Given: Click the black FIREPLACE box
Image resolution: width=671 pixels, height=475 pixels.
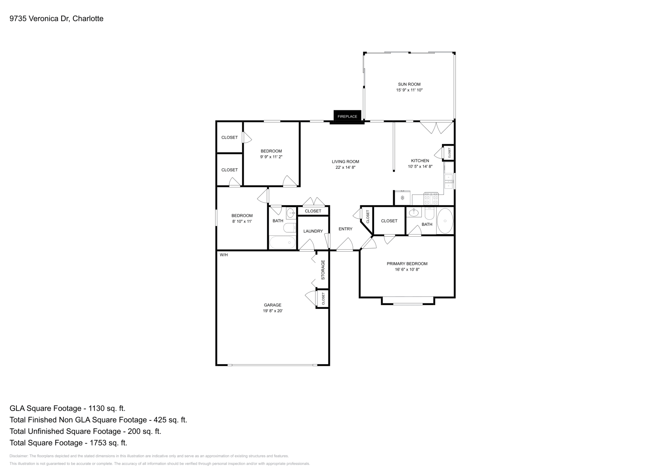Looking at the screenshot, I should click(x=347, y=116).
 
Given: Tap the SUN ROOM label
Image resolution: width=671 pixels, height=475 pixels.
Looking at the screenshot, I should click(x=409, y=84).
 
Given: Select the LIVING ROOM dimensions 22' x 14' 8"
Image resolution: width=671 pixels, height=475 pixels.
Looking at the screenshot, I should click(x=345, y=167).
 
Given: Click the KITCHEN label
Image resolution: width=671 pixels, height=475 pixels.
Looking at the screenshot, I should click(x=420, y=161).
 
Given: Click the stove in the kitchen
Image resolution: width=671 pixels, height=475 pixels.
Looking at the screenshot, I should click(x=431, y=198).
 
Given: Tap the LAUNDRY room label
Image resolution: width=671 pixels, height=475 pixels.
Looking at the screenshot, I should click(x=313, y=231).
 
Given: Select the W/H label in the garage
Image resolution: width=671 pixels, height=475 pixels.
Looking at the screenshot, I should click(x=224, y=255).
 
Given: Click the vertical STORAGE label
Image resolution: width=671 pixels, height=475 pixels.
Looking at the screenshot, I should click(x=323, y=270).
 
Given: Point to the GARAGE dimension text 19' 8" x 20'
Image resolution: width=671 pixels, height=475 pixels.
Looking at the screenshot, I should click(x=272, y=311).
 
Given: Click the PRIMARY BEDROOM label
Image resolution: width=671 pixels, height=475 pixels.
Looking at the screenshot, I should click(x=407, y=264).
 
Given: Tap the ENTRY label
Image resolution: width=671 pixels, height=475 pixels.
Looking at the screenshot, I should click(x=345, y=229).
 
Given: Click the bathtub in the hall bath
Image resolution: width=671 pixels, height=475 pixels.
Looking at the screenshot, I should click(x=282, y=243).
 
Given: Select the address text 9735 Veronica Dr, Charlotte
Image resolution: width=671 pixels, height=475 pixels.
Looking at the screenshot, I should click(x=56, y=18).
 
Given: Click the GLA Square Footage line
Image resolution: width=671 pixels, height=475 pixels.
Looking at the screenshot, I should click(x=68, y=408).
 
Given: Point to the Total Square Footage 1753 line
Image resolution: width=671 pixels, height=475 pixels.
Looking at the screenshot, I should click(x=68, y=443).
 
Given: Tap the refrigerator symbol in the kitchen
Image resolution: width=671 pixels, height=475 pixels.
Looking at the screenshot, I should click(x=402, y=198).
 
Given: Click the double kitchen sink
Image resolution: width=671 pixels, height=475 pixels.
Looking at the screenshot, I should click(x=449, y=181).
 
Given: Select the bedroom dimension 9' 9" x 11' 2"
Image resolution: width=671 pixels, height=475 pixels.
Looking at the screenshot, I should click(x=271, y=157).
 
